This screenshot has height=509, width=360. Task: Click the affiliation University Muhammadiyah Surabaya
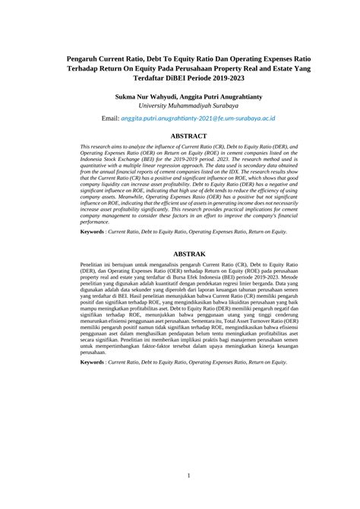[x=179, y=107]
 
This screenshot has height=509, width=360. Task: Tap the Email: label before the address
[x=115, y=120]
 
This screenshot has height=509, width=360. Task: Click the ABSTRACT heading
[x=179, y=136]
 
